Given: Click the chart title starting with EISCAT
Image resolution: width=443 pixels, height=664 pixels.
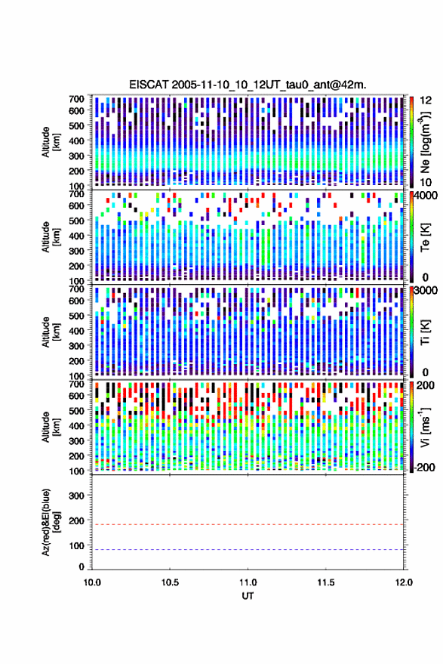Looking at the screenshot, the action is pyautogui.click(x=248, y=85).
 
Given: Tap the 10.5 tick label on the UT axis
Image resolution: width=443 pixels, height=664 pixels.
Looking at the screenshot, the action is pyautogui.click(x=170, y=582).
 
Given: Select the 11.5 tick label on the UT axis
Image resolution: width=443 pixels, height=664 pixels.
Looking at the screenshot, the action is pyautogui.click(x=325, y=582).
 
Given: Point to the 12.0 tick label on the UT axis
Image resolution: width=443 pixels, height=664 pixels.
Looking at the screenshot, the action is pyautogui.click(x=404, y=582).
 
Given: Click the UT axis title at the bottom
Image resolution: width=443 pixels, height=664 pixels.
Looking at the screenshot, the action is pyautogui.click(x=248, y=596).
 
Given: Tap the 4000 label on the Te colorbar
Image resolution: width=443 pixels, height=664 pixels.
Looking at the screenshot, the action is pyautogui.click(x=426, y=196).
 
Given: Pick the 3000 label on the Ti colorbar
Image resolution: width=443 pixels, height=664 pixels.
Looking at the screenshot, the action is pyautogui.click(x=426, y=291).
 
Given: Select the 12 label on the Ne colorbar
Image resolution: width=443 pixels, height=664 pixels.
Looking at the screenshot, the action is pyautogui.click(x=426, y=100).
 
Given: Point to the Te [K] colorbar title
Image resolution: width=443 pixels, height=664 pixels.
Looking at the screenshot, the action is pyautogui.click(x=425, y=237).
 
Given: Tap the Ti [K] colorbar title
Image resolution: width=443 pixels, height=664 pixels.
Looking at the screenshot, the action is pyautogui.click(x=425, y=332).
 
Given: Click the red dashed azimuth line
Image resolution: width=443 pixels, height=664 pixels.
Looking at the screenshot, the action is pyautogui.click(x=248, y=524).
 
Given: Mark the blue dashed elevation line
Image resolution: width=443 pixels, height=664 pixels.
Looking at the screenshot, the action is pyautogui.click(x=248, y=550).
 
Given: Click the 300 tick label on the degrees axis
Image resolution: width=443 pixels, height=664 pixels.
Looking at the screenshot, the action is pyautogui.click(x=76, y=496).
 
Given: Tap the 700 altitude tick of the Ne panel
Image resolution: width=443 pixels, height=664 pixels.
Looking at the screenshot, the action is pyautogui.click(x=76, y=99).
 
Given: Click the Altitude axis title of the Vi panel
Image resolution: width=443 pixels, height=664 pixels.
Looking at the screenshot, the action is pyautogui.click(x=51, y=427).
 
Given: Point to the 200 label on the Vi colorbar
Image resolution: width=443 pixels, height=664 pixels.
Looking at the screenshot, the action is pyautogui.click(x=425, y=385).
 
